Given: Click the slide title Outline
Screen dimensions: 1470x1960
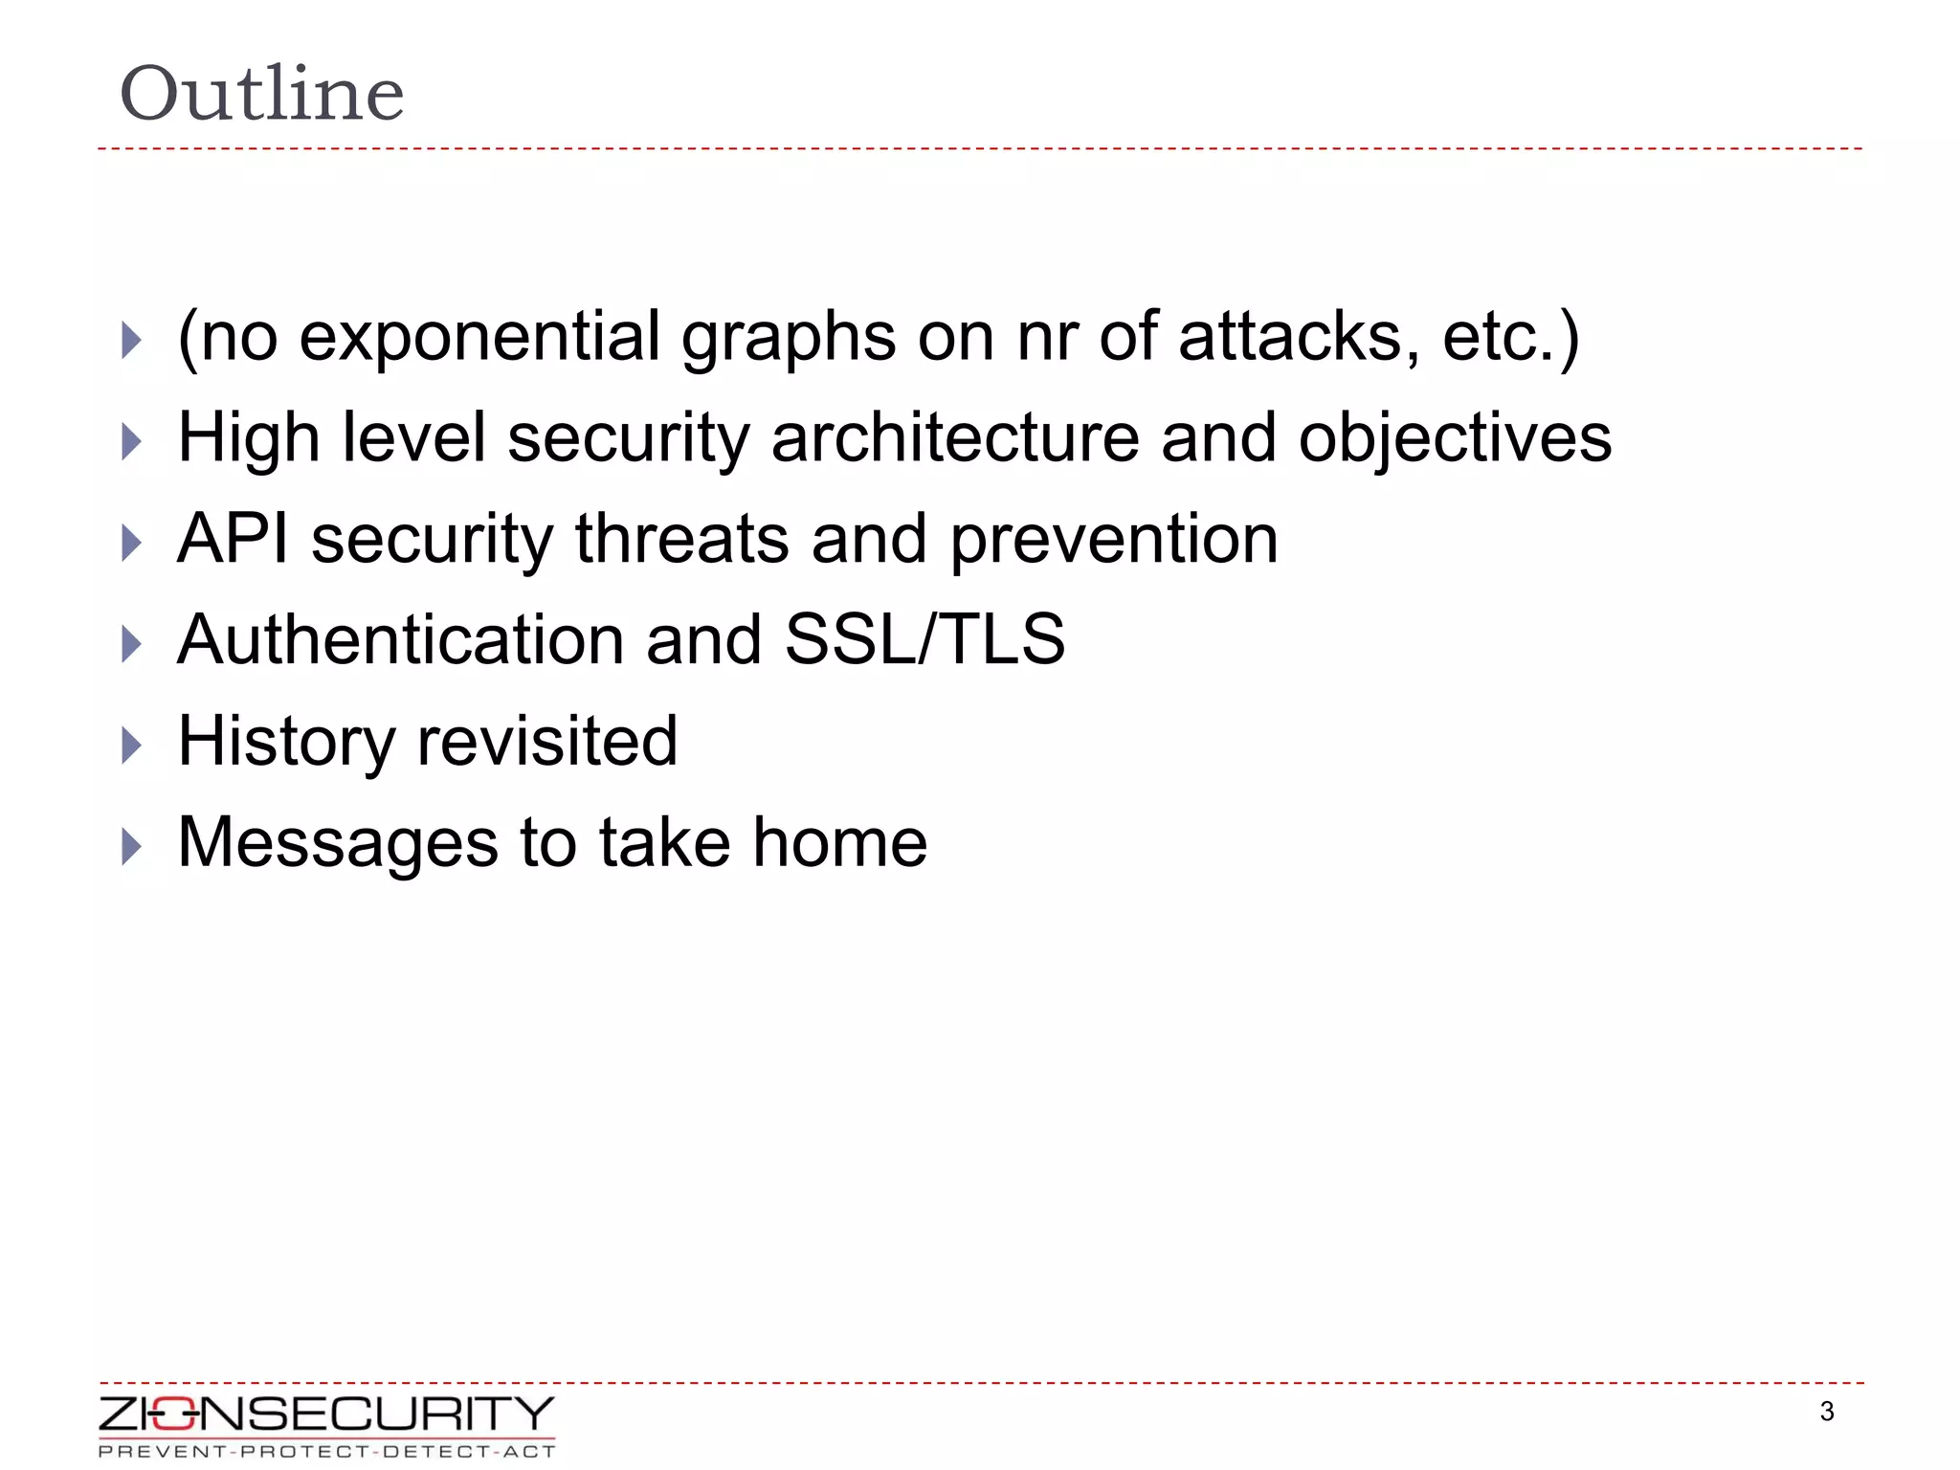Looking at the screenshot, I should tap(261, 94).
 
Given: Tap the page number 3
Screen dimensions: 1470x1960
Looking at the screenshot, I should tap(1826, 1412).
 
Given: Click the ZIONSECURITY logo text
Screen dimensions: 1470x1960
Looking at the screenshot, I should tap(325, 1414).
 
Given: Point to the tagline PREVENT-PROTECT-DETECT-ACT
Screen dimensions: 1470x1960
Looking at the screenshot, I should tap(325, 1452).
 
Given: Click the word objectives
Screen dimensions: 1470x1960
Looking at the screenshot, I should tap(1454, 438).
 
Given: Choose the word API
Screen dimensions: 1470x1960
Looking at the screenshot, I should tap(233, 539).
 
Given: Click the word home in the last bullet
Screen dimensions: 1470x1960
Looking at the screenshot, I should tap(839, 843).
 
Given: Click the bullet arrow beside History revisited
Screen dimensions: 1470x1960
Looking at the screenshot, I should tap(132, 745).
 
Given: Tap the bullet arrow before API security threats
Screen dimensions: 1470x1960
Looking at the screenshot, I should tap(132, 543).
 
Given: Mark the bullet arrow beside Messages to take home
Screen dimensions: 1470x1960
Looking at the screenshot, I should tap(132, 846).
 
